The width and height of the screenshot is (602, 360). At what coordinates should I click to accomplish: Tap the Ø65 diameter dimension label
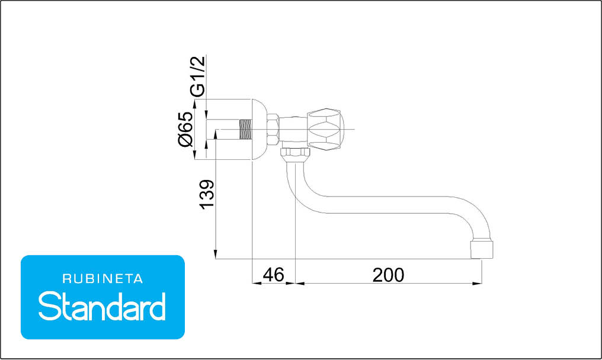[186, 129]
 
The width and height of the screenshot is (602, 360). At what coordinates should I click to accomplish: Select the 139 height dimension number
[207, 194]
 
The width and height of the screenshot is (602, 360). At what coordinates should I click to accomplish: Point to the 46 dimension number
[273, 275]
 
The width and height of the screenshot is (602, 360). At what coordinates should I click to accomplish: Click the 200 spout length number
[388, 275]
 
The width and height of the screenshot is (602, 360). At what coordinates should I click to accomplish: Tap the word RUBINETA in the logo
[103, 279]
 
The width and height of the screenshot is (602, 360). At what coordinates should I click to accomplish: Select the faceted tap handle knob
[325, 129]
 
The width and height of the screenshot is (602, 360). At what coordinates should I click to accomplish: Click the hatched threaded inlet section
[245, 129]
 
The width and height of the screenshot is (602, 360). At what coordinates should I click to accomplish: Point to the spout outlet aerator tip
[482, 249]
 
